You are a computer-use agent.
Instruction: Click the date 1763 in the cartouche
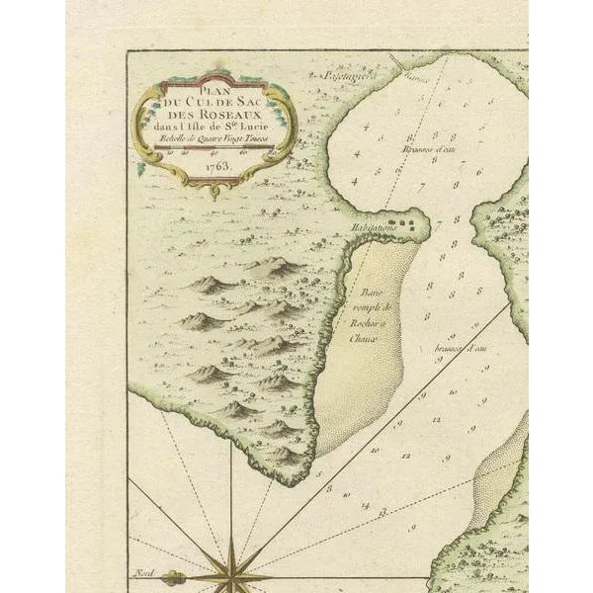click(x=216, y=167)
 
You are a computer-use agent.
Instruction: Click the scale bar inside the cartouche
click(x=216, y=151)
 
